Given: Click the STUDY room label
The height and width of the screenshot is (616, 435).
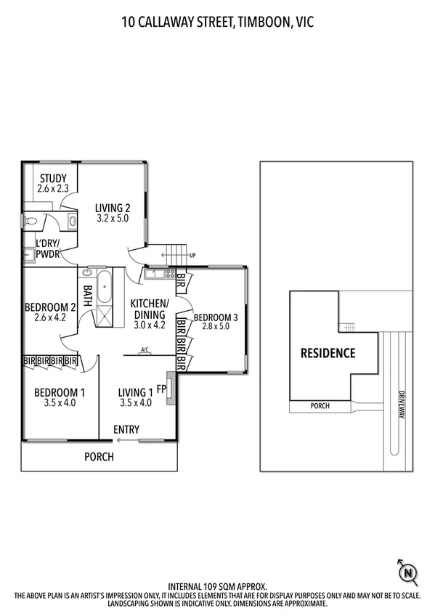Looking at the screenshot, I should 53,179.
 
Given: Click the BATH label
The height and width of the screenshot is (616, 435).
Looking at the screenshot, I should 88,296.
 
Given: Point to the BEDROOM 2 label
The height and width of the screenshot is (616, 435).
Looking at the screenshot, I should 50,307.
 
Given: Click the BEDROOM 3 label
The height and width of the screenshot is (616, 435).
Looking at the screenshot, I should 216,317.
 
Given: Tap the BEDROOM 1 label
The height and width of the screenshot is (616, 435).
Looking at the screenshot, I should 55,392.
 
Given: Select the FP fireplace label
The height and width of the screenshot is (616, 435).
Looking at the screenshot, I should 161,389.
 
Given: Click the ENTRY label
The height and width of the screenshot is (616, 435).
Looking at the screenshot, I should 126,429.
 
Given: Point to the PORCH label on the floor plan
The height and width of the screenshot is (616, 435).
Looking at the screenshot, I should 99,457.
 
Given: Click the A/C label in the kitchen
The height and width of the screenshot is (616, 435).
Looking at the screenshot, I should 145,350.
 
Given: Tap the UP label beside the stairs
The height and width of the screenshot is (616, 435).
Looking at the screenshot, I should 192,256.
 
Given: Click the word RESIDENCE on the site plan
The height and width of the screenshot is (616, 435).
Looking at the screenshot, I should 328,354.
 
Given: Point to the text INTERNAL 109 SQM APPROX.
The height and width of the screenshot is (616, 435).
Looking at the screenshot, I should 217,585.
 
